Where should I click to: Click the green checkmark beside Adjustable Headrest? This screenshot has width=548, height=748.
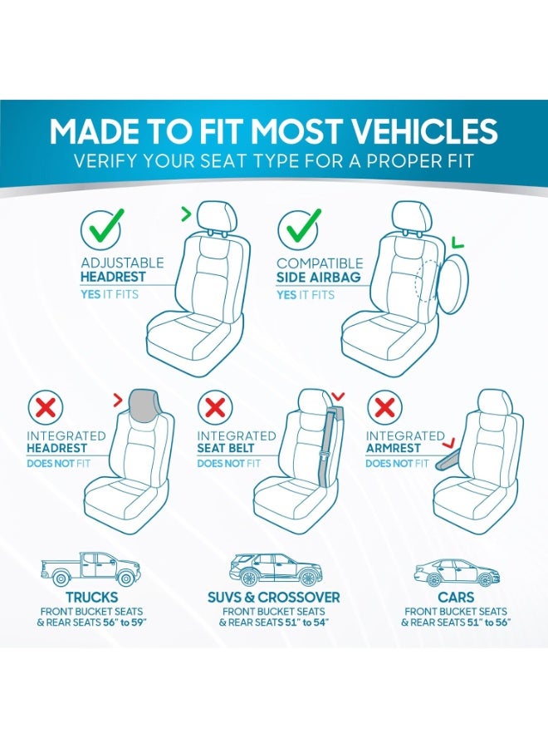pos(101,226)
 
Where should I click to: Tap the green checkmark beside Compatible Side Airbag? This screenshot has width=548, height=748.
pos(298,226)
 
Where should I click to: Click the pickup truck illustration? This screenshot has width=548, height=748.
pos(91,569)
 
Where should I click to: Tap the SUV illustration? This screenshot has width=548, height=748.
pos(275,569)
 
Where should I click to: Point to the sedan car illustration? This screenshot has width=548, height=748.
pos(457,572)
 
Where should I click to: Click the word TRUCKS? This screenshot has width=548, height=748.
pos(91,598)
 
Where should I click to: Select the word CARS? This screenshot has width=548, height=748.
pos(457,598)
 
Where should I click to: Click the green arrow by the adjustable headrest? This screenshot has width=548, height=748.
pos(185,215)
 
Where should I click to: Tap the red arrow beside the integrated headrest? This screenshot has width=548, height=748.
pos(117,401)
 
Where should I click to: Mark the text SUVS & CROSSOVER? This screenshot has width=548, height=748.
pos(274,598)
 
